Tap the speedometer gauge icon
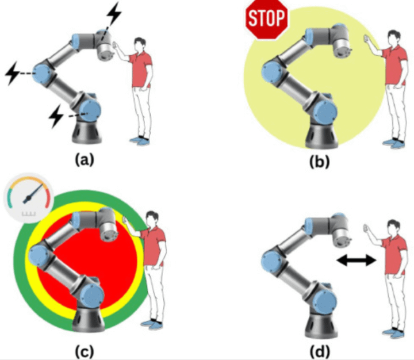point(27,198)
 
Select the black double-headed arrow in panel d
point(356,261)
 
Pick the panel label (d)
point(317,349)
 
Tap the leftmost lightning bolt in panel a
point(13,74)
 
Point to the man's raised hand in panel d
point(366,230)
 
